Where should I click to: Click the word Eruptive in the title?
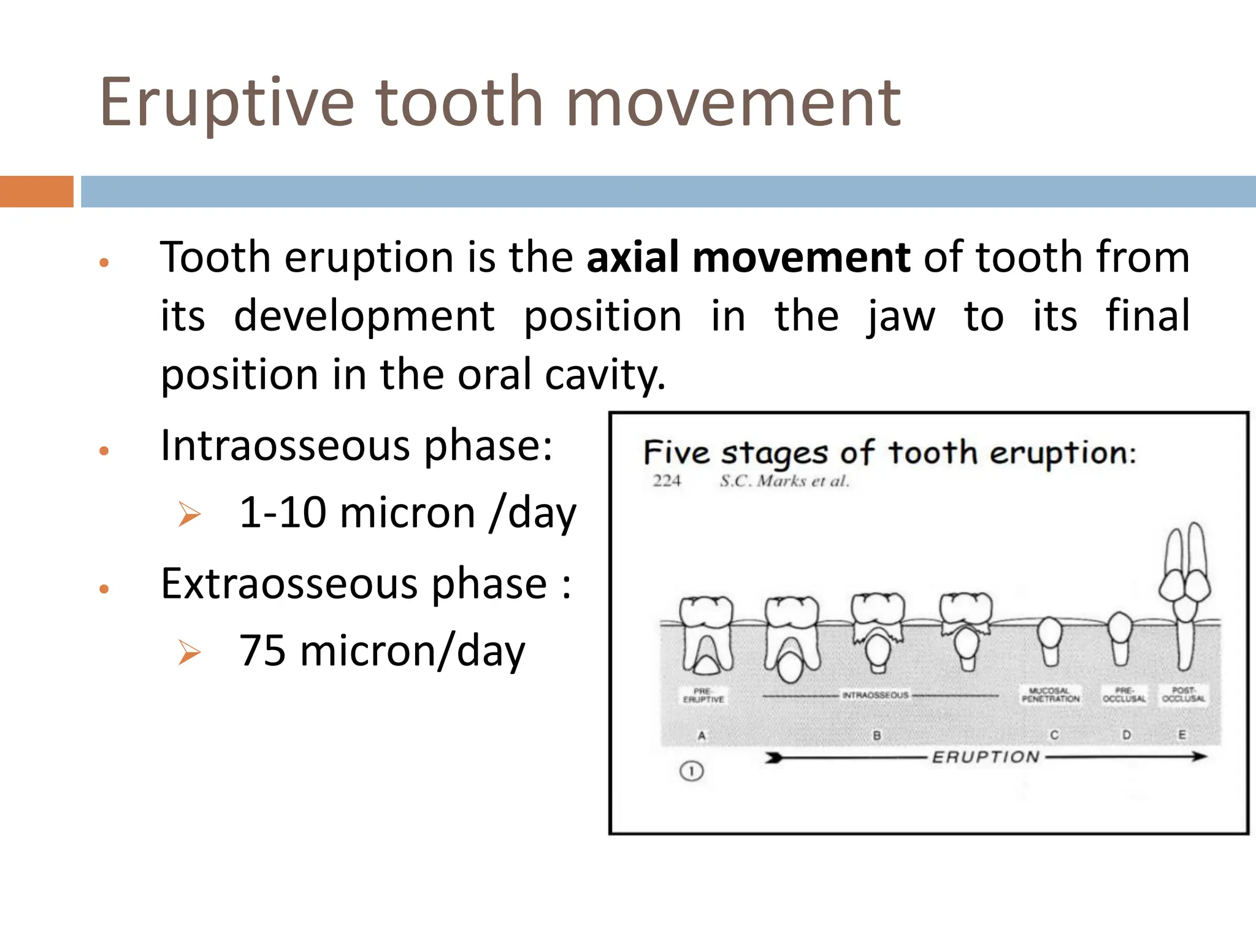pyautogui.click(x=227, y=103)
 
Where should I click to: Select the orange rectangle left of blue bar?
pyautogui.click(x=36, y=191)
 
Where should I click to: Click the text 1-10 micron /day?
pyautogui.click(x=407, y=513)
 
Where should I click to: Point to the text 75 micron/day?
pyautogui.click(x=381, y=651)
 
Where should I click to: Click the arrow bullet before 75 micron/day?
pyautogui.click(x=189, y=652)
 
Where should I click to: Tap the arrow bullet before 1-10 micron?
pyautogui.click(x=189, y=514)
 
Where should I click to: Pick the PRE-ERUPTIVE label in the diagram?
pyautogui.click(x=703, y=695)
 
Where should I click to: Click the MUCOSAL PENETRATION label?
pyautogui.click(x=1050, y=695)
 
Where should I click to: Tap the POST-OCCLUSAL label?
pyautogui.click(x=1183, y=694)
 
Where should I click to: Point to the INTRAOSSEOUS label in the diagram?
pyautogui.click(x=875, y=695)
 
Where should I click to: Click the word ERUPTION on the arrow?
pyautogui.click(x=986, y=757)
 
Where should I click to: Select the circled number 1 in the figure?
pyautogui.click(x=691, y=771)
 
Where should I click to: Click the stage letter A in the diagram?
pyautogui.click(x=702, y=735)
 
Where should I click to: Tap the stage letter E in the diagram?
pyautogui.click(x=1182, y=734)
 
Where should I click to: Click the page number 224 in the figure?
pyautogui.click(x=667, y=481)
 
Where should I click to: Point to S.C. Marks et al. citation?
pyautogui.click(x=784, y=481)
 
